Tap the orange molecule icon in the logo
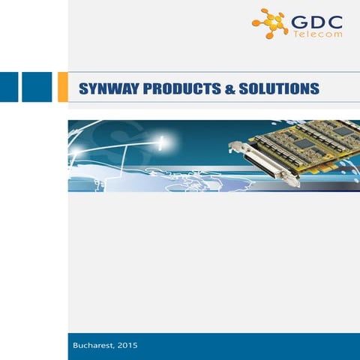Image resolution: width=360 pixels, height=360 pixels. point(270,22)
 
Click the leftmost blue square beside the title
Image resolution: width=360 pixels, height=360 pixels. point(7,87)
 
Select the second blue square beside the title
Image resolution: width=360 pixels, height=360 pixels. point(37,87)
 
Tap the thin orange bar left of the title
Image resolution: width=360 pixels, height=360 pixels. point(69,87)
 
